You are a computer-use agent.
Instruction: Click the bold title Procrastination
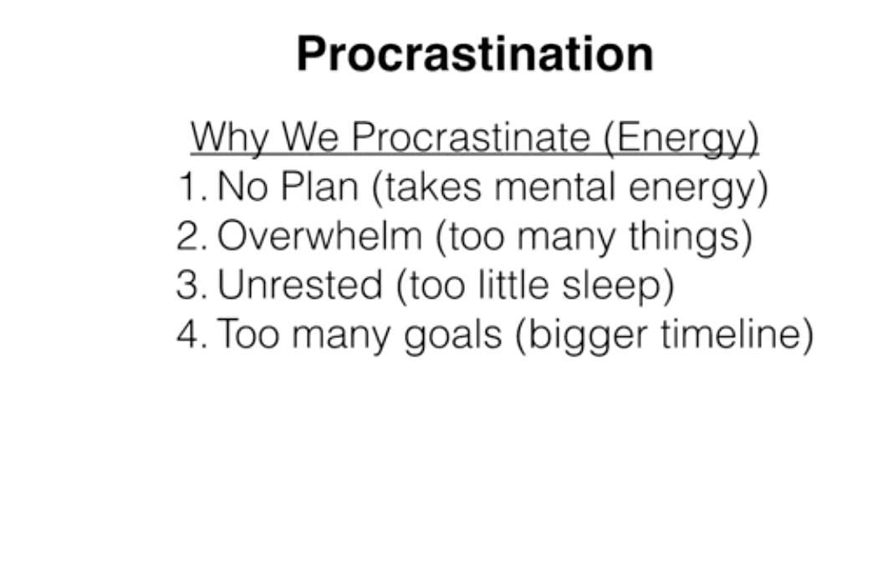pyautogui.click(x=475, y=54)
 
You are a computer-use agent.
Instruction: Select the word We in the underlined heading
pyautogui.click(x=310, y=136)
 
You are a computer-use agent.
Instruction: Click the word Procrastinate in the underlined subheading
pyautogui.click(x=471, y=136)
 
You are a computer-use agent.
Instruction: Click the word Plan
pyautogui.click(x=319, y=186)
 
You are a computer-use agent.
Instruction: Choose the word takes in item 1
pyautogui.click(x=433, y=187)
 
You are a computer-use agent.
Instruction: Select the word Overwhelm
pyautogui.click(x=319, y=235)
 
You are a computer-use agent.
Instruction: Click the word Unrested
pyautogui.click(x=299, y=284)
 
